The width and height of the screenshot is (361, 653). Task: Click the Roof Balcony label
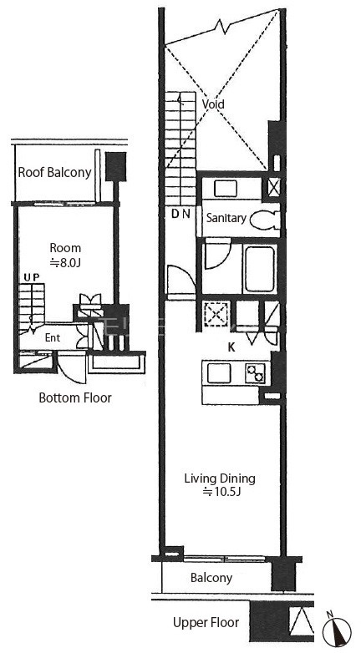54,172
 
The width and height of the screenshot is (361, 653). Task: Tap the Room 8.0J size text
65,263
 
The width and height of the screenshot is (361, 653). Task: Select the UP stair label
31,277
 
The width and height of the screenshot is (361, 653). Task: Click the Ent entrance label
53,337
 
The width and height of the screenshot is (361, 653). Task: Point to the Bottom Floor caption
75,397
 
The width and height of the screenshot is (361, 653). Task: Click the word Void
213,104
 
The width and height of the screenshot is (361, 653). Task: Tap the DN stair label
180,215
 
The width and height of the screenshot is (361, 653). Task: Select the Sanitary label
226,218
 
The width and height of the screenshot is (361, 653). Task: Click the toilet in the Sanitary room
265,219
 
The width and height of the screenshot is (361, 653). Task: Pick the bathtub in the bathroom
259,269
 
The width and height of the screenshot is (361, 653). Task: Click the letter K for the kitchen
231,348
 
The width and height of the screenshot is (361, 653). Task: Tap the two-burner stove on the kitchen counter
255,372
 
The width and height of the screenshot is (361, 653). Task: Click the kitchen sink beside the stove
219,372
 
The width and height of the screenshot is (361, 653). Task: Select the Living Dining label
220,478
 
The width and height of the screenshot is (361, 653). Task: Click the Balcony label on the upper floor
211,578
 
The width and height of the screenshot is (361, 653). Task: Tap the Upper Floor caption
206,623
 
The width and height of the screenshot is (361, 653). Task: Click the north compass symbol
337,630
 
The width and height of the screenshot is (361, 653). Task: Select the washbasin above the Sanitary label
226,189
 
